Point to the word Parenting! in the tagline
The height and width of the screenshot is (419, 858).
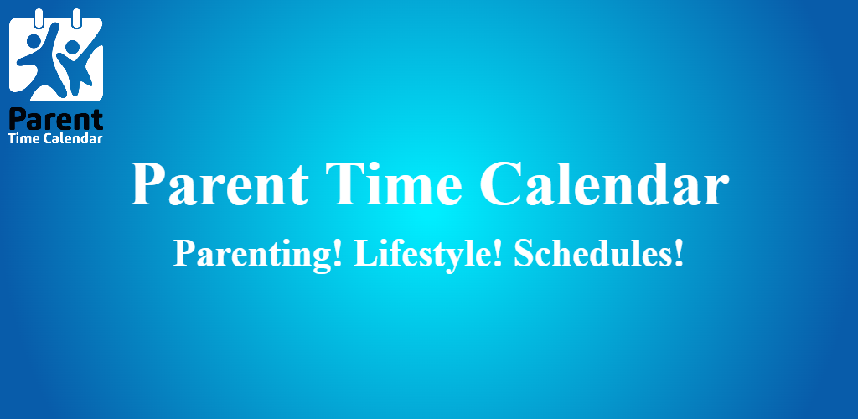(258, 255)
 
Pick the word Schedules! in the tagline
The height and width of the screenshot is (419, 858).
(599, 254)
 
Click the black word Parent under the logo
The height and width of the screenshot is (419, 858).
(56, 120)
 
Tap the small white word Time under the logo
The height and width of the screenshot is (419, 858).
(24, 138)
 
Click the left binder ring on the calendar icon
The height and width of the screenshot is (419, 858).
(38, 18)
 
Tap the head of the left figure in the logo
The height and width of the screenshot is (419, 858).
(34, 42)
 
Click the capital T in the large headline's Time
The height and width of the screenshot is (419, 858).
(344, 184)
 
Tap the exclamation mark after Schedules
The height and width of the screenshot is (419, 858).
(680, 254)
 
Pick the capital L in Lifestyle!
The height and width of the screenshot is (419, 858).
(365, 254)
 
